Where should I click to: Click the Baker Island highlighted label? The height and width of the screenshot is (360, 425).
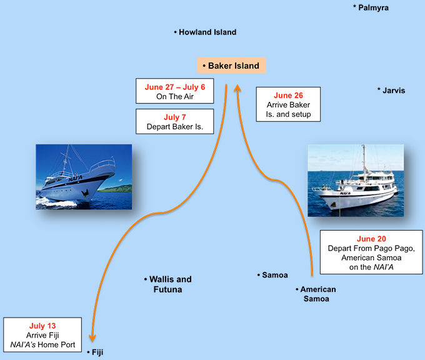click(232, 65)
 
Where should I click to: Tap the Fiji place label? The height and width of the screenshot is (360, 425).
click(95, 352)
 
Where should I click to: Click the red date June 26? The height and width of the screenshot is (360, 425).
click(288, 96)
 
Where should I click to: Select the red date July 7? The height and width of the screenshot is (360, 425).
click(174, 117)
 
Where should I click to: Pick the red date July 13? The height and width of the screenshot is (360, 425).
click(42, 326)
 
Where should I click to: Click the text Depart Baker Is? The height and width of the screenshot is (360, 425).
click(174, 126)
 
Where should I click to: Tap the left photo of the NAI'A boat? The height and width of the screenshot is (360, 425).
click(84, 176)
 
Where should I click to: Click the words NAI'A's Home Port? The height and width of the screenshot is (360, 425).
click(42, 344)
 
